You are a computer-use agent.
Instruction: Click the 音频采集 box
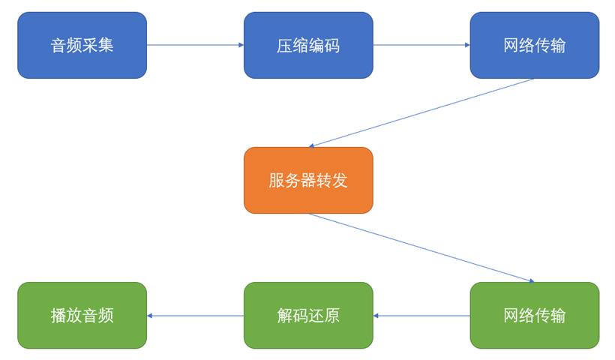tap(82, 45)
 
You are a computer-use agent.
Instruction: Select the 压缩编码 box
tap(308, 45)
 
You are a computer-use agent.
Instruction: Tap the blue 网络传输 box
tap(535, 45)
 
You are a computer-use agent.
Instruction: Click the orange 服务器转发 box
tap(308, 181)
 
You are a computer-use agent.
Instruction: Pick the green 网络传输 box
tap(535, 315)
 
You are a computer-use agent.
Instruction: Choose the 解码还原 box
tap(308, 315)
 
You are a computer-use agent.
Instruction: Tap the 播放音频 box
tap(82, 315)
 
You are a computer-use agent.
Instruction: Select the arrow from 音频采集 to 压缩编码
tap(195, 45)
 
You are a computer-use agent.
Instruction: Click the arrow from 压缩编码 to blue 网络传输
tap(421, 45)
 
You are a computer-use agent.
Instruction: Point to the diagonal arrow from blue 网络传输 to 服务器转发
tap(421, 113)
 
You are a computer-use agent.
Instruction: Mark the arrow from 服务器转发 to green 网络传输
tap(421, 247)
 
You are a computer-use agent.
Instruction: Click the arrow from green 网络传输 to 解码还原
tap(421, 316)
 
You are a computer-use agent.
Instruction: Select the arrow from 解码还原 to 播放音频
tap(195, 316)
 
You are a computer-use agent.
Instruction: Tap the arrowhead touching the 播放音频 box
tap(149, 316)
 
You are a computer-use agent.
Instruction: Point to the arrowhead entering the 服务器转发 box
tap(311, 146)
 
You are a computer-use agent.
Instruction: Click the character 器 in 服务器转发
tap(308, 181)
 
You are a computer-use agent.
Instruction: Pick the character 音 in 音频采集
tap(58, 45)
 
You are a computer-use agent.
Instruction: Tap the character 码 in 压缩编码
tap(331, 46)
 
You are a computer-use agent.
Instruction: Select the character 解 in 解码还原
tap(285, 316)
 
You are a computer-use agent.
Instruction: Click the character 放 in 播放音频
tap(74, 316)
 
